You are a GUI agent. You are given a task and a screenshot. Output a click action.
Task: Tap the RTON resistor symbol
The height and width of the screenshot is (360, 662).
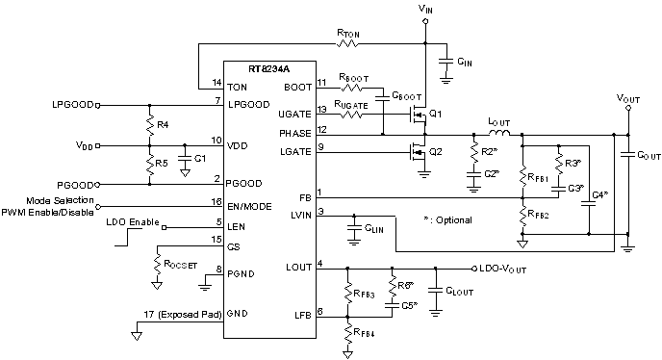pos(349,44)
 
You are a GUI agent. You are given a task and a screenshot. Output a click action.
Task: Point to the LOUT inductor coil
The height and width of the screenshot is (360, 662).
pos(484,134)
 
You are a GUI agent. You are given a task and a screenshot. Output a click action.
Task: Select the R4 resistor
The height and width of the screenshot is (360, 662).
pos(150,124)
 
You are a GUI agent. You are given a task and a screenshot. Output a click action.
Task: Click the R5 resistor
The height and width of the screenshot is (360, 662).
pos(150,163)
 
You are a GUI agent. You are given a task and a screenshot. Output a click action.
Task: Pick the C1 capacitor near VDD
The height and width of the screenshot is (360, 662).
pos(185,158)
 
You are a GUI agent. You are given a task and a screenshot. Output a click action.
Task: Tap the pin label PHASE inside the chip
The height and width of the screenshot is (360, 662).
pos(295,131)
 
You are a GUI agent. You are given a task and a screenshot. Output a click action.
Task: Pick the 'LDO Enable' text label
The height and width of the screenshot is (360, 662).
pos(131,221)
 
